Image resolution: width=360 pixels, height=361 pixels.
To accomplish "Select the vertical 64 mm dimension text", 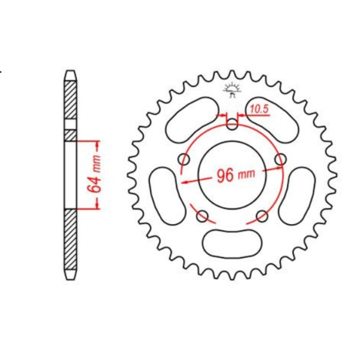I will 94,175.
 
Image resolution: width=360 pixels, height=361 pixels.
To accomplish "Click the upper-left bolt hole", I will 184,159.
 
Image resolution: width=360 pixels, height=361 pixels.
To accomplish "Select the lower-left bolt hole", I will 202,216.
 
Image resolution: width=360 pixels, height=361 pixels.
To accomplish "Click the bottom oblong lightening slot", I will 232,243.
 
